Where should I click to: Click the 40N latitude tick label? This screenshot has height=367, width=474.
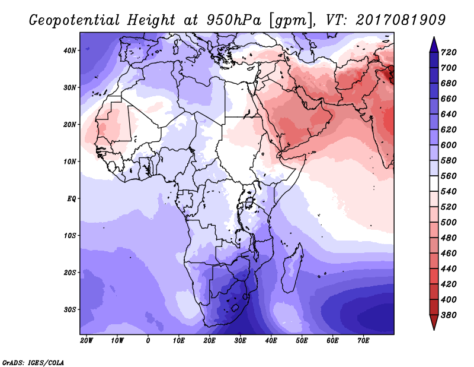69,50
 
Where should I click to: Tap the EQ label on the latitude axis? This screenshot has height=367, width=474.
71,199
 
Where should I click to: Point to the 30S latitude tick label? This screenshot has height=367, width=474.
69,309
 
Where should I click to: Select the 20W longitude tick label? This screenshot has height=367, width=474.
87,341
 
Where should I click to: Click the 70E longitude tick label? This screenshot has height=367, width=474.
363,341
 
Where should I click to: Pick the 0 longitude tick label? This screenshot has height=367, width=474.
148,341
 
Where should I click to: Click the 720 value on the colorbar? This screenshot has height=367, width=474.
449,52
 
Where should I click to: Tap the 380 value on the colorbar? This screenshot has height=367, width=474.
449,315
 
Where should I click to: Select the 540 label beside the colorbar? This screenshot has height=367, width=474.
449,192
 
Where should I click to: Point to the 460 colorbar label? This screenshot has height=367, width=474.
449,254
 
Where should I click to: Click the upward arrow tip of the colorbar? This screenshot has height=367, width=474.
434,37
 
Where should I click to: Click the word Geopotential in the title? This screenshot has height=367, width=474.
75,20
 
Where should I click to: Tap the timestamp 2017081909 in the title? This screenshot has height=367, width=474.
401,20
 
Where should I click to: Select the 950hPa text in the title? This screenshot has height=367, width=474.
233,20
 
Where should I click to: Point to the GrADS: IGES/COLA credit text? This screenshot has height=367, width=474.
33,363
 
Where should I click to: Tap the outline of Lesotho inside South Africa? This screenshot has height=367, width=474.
235,308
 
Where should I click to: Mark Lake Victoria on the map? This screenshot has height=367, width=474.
250,201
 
